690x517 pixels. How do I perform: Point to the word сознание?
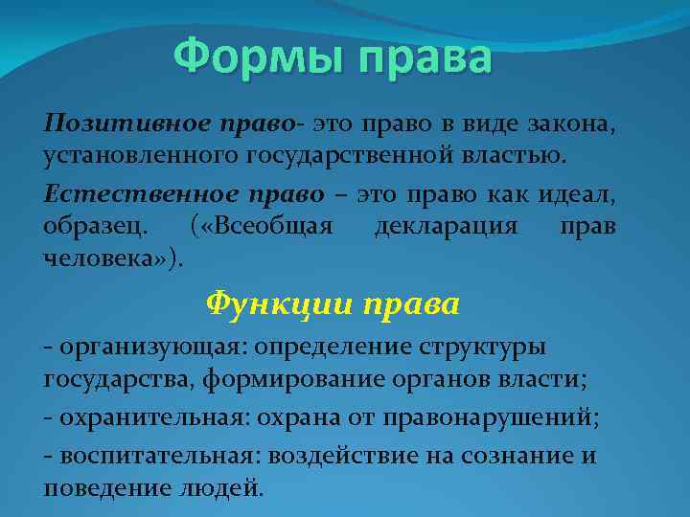pyautogui.click(x=519, y=456)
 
